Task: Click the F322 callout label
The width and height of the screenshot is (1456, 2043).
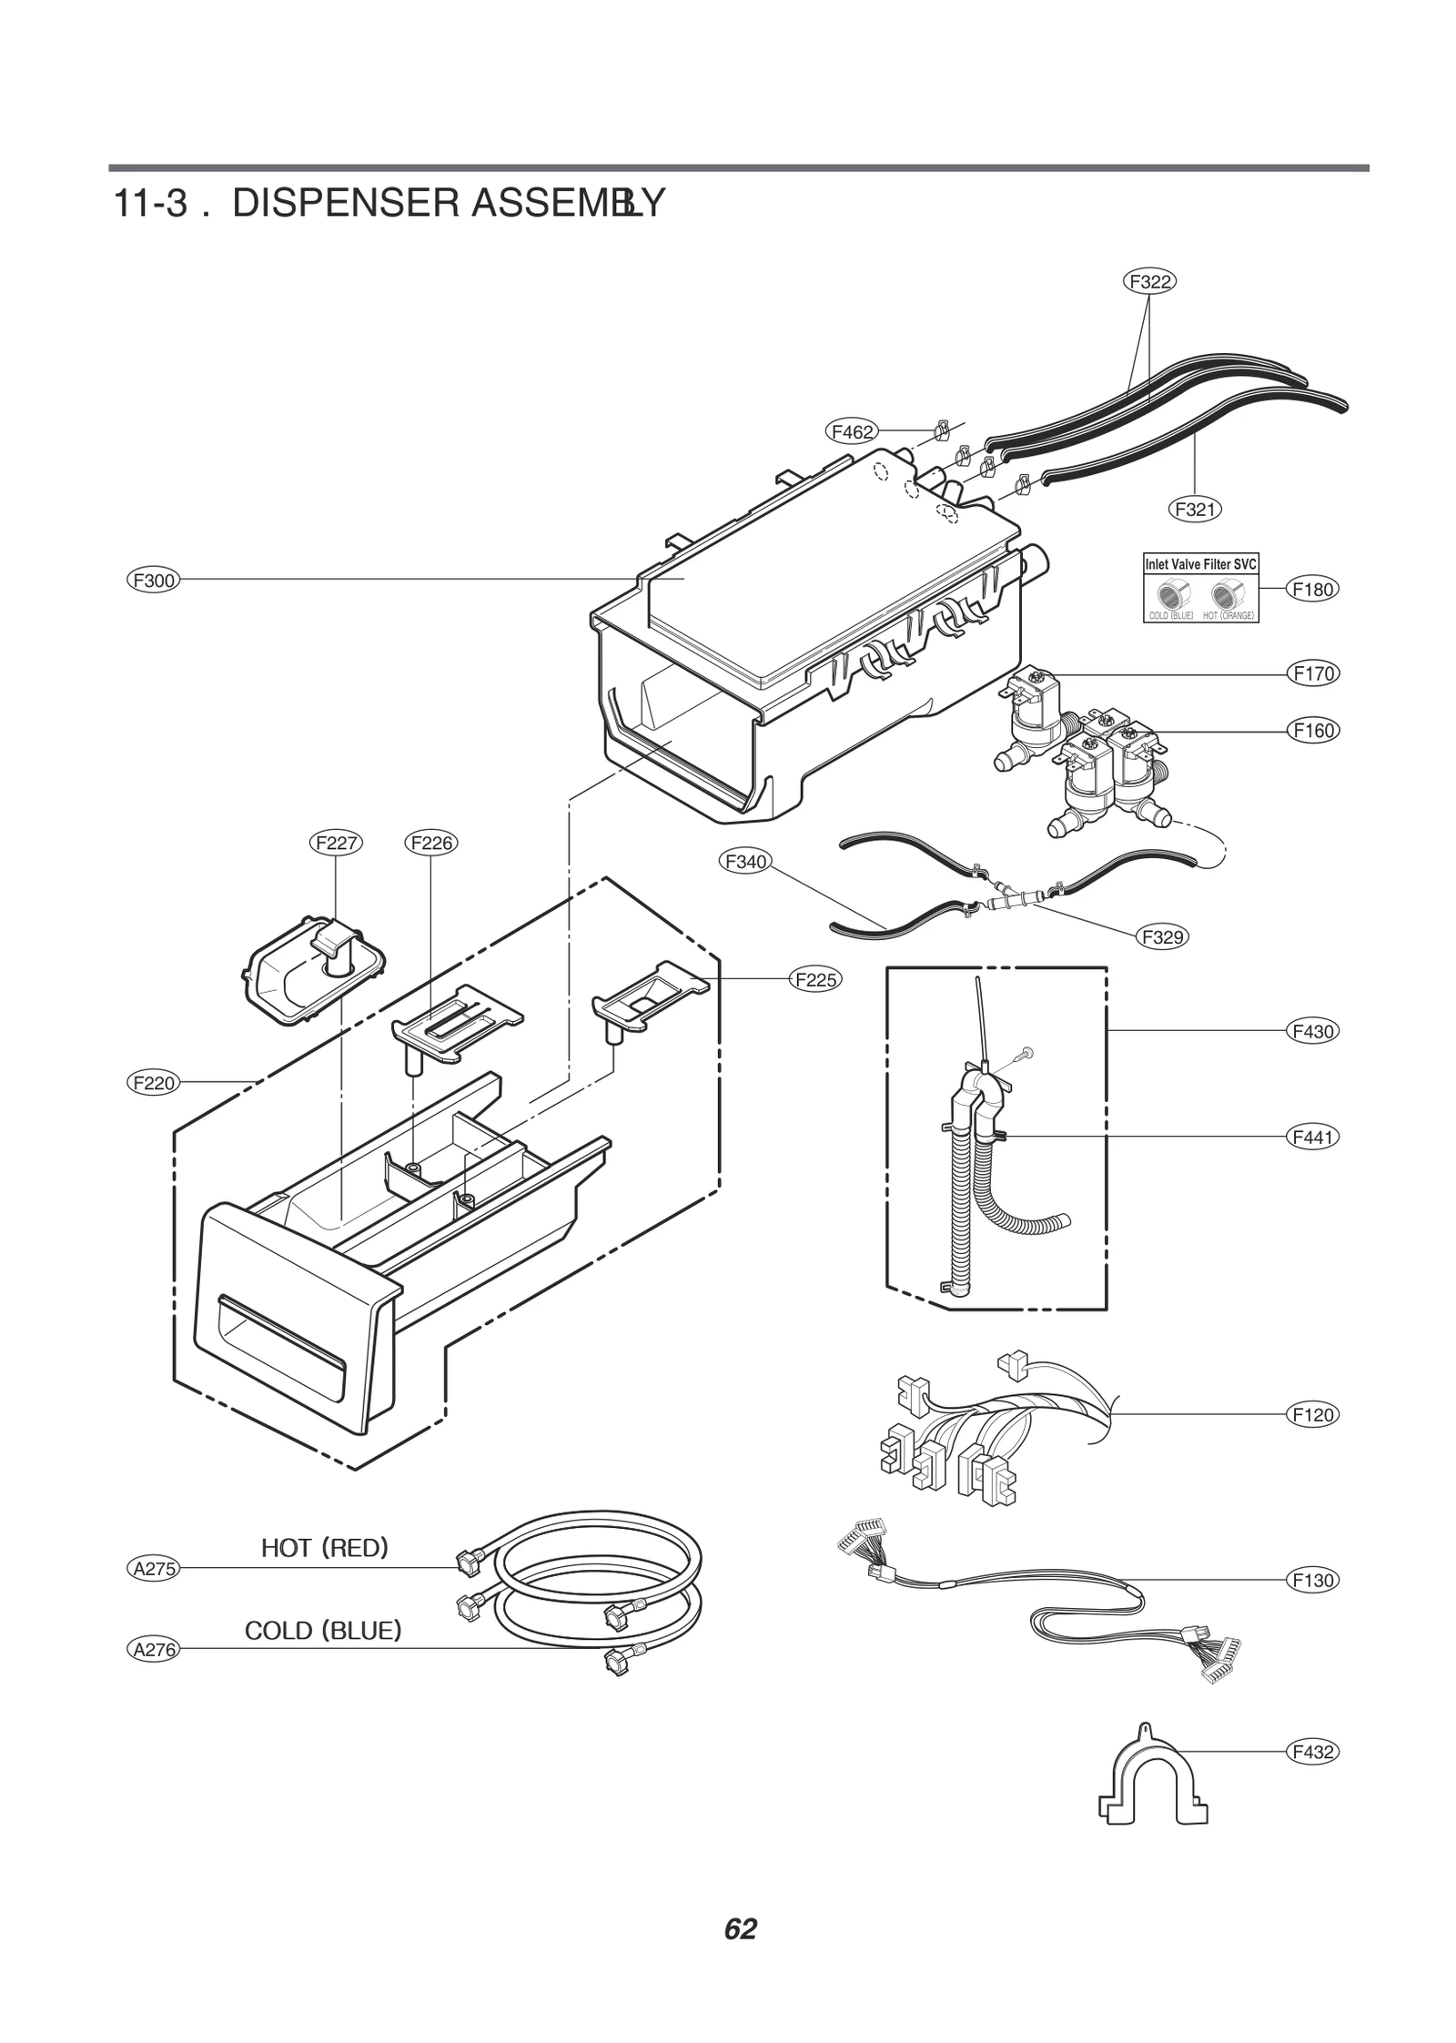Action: click(x=1149, y=281)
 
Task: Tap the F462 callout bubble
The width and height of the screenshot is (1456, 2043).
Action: click(x=852, y=432)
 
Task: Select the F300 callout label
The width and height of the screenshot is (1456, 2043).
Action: click(x=153, y=580)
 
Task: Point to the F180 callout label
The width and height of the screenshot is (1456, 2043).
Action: click(x=1312, y=589)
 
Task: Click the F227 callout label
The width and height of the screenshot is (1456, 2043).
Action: click(x=335, y=843)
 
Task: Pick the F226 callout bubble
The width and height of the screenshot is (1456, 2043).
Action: click(x=431, y=843)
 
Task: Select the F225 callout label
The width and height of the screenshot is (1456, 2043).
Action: click(x=815, y=979)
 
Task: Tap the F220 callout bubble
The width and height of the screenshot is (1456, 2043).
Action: click(x=153, y=1083)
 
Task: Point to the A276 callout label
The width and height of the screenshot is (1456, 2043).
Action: click(x=153, y=1649)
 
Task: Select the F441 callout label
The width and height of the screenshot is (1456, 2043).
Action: click(x=1312, y=1137)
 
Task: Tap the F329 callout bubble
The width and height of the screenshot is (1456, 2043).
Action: click(x=1163, y=936)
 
